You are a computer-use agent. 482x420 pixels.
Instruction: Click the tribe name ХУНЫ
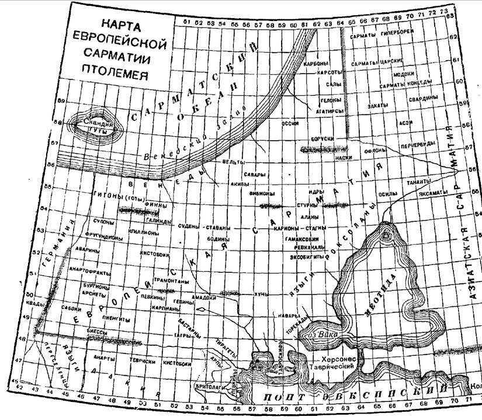261,294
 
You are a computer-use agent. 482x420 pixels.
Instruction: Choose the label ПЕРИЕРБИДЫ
416,144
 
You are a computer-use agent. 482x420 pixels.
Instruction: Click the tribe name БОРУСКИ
322,139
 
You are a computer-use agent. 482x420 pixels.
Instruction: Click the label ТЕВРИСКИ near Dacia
143,361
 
